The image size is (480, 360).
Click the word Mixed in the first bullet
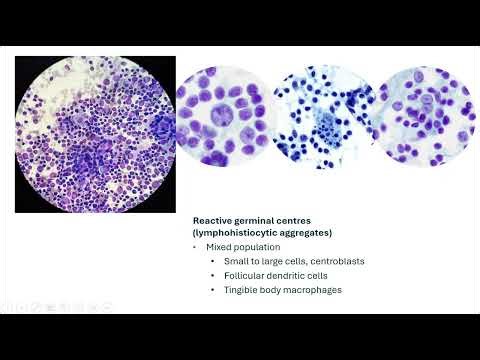(218, 246)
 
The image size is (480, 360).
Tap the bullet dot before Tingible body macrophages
(213, 289)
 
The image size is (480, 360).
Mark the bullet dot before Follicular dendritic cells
(213, 275)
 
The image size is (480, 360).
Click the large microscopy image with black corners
(95, 134)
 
